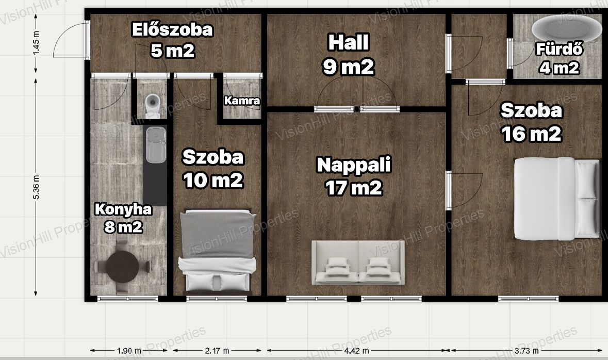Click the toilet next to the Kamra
[x=153, y=106]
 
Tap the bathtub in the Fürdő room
[x=561, y=28]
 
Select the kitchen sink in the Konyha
[x=156, y=145]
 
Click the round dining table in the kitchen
[x=123, y=267]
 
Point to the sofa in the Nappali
[x=358, y=263]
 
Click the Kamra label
[x=242, y=101]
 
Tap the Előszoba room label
[x=173, y=30]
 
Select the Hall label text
[x=348, y=42]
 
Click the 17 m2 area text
[x=354, y=188]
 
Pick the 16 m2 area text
[x=531, y=134]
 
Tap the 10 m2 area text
[x=213, y=181]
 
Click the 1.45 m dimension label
[x=36, y=42]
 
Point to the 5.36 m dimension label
[x=36, y=187]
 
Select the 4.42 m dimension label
[x=357, y=351]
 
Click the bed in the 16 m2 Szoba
[x=557, y=198]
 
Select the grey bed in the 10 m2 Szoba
[x=217, y=251]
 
